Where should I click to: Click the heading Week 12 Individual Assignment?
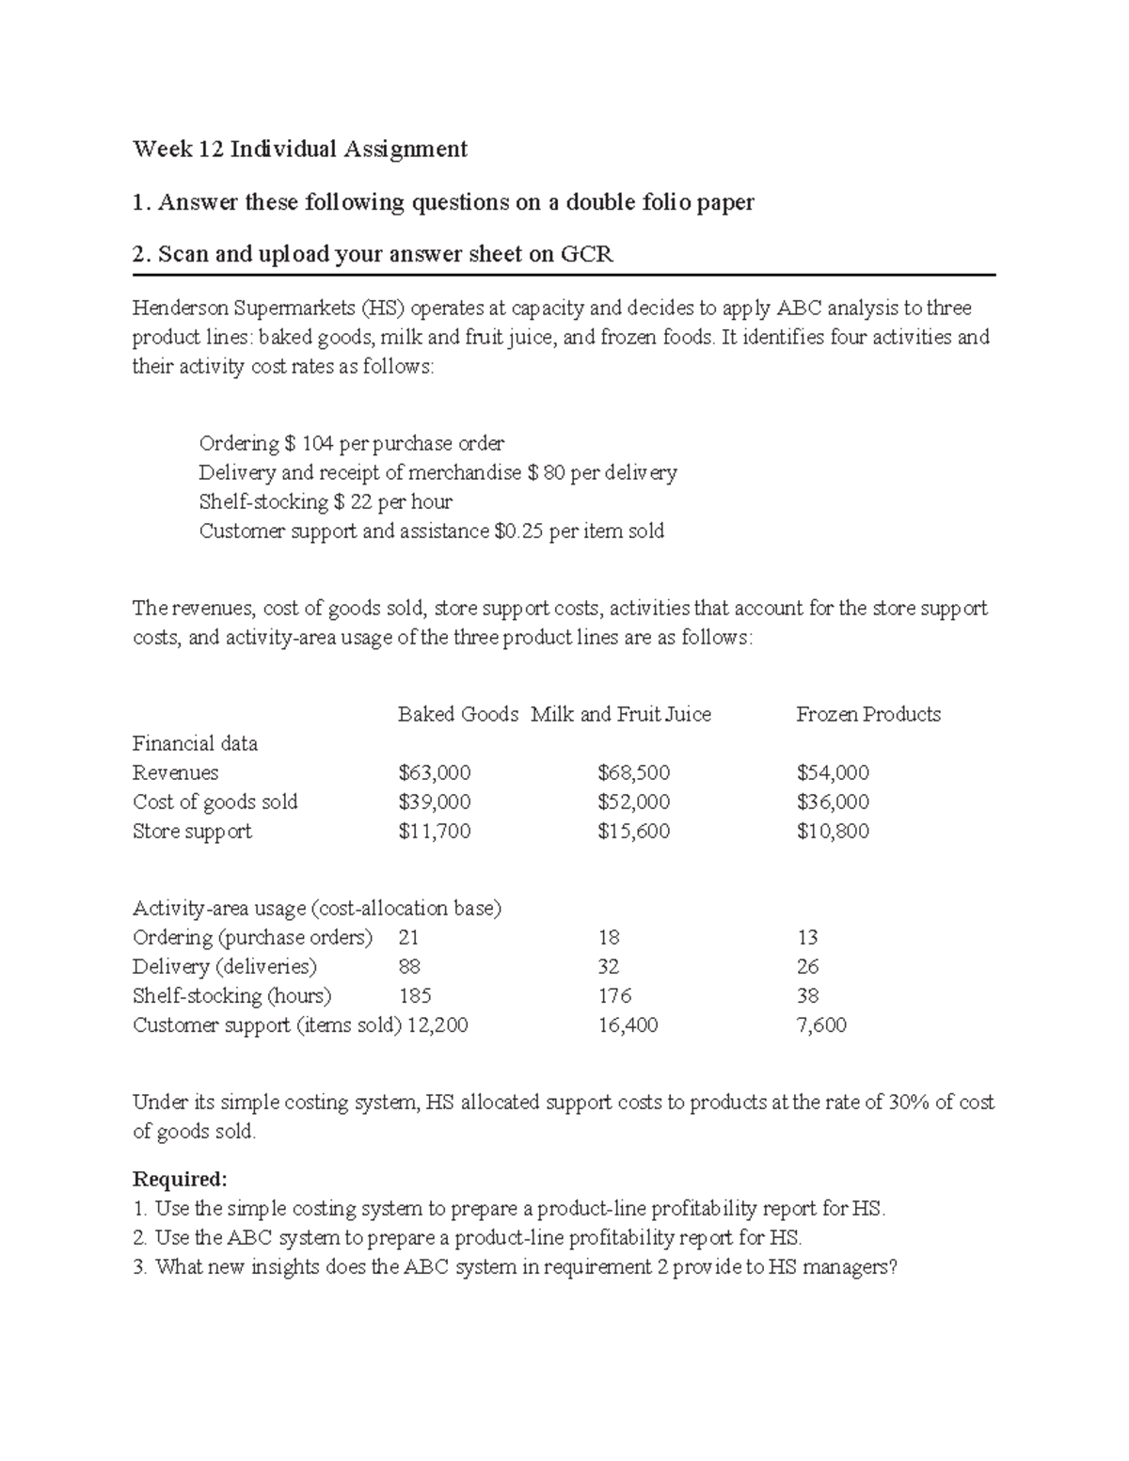tap(299, 149)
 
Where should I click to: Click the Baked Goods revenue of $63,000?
tap(434, 773)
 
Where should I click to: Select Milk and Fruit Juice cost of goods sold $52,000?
tap(633, 802)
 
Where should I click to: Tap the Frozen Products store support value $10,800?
tap(832, 832)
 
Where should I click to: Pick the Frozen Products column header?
tap(867, 715)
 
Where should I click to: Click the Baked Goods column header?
tap(457, 715)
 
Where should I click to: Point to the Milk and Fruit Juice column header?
tap(620, 715)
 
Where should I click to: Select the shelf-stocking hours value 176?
tap(614, 996)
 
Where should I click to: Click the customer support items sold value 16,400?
tap(628, 1025)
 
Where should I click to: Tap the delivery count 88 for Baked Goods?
tap(409, 967)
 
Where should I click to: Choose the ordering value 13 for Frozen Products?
tap(806, 938)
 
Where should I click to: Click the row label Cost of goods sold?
tap(215, 802)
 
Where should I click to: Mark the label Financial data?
tap(195, 744)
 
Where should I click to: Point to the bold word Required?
tap(180, 1180)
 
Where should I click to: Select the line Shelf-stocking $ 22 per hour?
tap(326, 502)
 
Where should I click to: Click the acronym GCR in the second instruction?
tap(587, 254)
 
